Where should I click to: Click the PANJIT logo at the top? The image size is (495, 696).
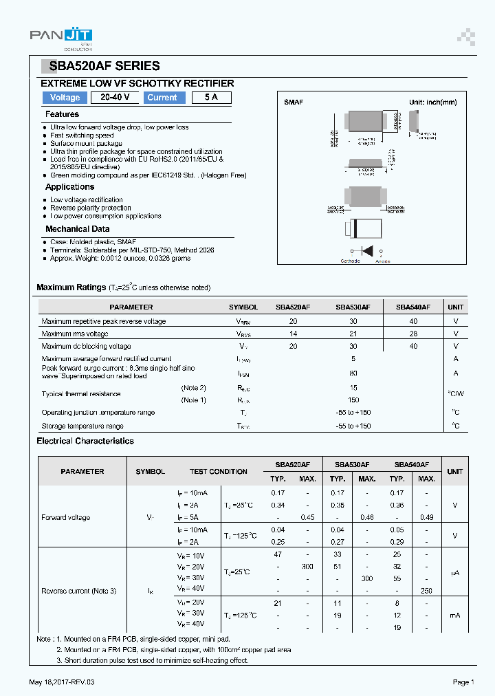pyautogui.click(x=61, y=39)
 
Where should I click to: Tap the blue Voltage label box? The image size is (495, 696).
pyautogui.click(x=65, y=98)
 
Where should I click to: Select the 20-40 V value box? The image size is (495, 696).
pyautogui.click(x=115, y=98)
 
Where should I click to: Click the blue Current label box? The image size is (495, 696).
pyautogui.click(x=162, y=98)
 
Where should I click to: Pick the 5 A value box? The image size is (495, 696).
pyautogui.click(x=211, y=98)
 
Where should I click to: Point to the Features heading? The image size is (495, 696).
pyautogui.click(x=62, y=114)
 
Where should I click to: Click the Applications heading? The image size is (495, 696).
pyautogui.click(x=69, y=187)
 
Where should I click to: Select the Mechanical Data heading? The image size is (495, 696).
pyautogui.click(x=77, y=229)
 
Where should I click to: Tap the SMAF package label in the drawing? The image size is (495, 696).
pyautogui.click(x=294, y=102)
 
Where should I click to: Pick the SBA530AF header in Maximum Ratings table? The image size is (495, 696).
pyautogui.click(x=353, y=307)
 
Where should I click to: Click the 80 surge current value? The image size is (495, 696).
pyautogui.click(x=353, y=373)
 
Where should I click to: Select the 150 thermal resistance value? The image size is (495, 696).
pyautogui.click(x=353, y=400)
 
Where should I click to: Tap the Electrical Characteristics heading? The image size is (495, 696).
pyautogui.click(x=85, y=441)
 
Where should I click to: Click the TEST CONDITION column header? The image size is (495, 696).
pyautogui.click(x=218, y=472)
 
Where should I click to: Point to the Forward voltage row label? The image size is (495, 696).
pyautogui.click(x=65, y=517)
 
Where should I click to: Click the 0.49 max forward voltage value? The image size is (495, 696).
pyautogui.click(x=426, y=517)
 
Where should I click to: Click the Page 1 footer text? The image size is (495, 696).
pyautogui.click(x=463, y=682)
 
